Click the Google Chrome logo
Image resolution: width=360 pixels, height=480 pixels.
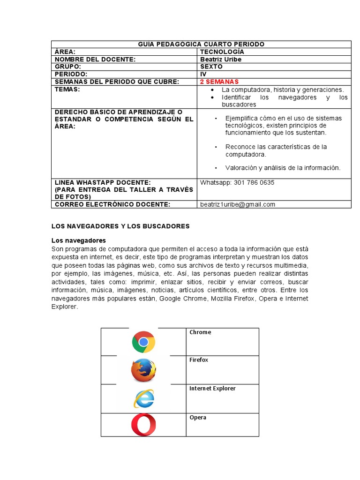pyautogui.click(x=143, y=342)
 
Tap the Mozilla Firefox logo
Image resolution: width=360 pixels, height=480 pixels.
pyautogui.click(x=143, y=370)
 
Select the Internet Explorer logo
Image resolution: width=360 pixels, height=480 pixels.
pyautogui.click(x=143, y=399)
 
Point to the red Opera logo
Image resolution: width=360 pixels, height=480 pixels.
pyautogui.click(x=143, y=425)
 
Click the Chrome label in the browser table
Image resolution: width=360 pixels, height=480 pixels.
pyautogui.click(x=200, y=332)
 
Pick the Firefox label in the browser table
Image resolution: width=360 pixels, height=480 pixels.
pyautogui.click(x=199, y=360)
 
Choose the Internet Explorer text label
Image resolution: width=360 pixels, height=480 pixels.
pyautogui.click(x=212, y=389)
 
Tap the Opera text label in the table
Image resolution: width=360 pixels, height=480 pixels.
pyautogui.click(x=198, y=418)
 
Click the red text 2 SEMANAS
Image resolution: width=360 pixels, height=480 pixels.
pyautogui.click(x=219, y=82)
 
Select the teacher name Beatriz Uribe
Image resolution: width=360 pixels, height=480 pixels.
pyautogui.click(x=221, y=60)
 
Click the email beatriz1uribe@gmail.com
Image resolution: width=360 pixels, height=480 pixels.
pyautogui.click(x=238, y=204)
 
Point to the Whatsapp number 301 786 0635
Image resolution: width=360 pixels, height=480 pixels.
pyautogui.click(x=237, y=183)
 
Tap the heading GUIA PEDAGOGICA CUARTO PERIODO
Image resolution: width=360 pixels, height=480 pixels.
pyautogui.click(x=201, y=44)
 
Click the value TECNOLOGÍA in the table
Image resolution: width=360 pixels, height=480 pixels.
pyautogui.click(x=222, y=52)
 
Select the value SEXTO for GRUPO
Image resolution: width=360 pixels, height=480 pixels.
pyautogui.click(x=211, y=67)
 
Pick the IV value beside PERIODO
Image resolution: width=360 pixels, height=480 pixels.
pyautogui.click(x=203, y=75)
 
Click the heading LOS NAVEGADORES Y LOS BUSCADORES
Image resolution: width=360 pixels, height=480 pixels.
pyautogui.click(x=120, y=226)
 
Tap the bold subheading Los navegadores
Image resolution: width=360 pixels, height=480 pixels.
pyautogui.click(x=79, y=240)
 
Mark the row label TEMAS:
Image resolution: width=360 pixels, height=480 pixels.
pyautogui.click(x=67, y=90)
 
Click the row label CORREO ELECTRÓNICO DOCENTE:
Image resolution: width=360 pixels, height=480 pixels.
pyautogui.click(x=112, y=204)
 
